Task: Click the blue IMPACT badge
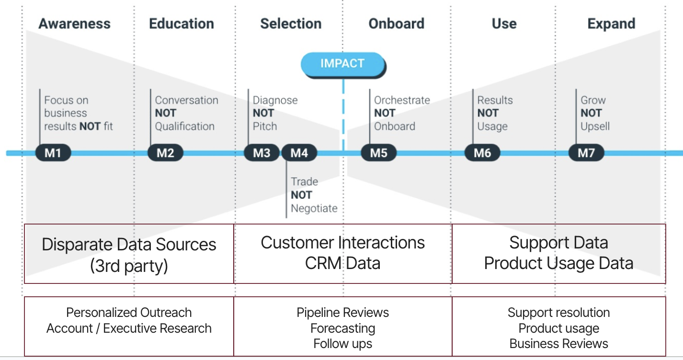point(342,64)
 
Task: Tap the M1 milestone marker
point(53,153)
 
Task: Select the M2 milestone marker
point(165,153)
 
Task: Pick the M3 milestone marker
point(262,153)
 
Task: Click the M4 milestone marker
point(299,153)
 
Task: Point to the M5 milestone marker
point(378,153)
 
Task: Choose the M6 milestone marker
point(482,153)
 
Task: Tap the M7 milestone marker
point(586,153)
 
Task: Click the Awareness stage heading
point(74,23)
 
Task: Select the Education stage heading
point(182,23)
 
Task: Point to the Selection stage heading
point(291,23)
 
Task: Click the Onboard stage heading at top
point(396,23)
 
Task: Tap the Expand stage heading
point(611,23)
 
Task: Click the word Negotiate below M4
point(314,208)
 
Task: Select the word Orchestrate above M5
point(402,100)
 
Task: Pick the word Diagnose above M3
point(275,100)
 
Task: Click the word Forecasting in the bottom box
point(342,328)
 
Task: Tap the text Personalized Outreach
point(129,313)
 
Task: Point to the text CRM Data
point(342,263)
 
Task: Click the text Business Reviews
point(558,344)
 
